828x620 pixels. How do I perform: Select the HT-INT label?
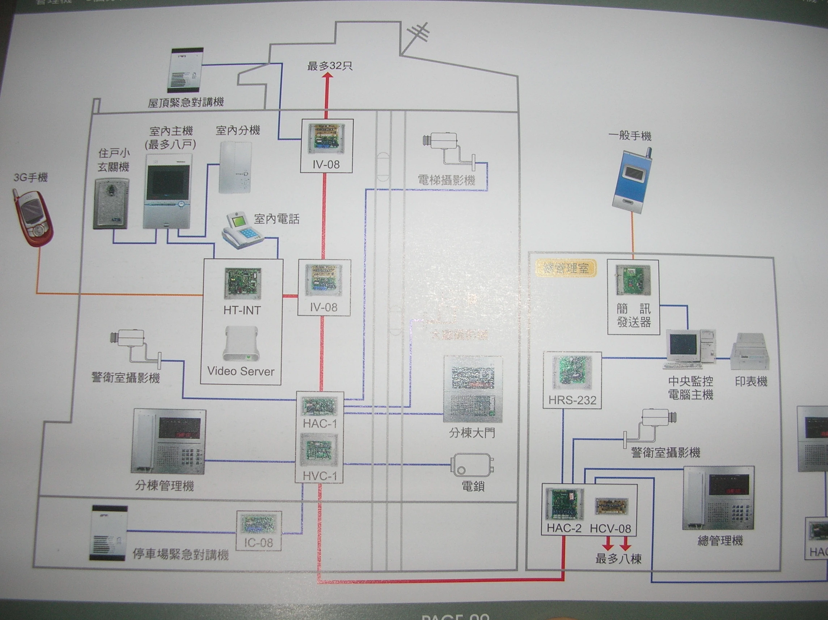coord(242,310)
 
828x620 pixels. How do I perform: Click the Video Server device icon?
coord(241,344)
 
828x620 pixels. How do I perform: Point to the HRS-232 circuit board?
coord(571,372)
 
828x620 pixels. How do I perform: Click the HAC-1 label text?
coord(320,424)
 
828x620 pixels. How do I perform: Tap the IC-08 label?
coord(258,542)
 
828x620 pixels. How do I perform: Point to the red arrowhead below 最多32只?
coord(328,75)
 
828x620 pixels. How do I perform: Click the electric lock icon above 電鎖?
coord(472,465)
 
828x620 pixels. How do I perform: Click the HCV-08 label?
coord(611,529)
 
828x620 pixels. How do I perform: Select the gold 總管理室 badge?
coord(566,269)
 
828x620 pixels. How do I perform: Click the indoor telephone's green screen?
coord(238,222)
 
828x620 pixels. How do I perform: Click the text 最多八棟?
coord(618,559)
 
